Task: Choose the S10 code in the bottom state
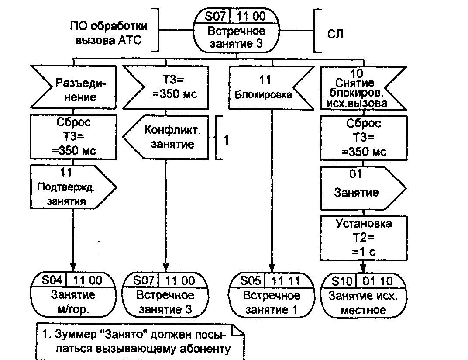[341, 280]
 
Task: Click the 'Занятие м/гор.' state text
[73, 302]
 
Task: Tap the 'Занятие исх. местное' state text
[363, 303]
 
